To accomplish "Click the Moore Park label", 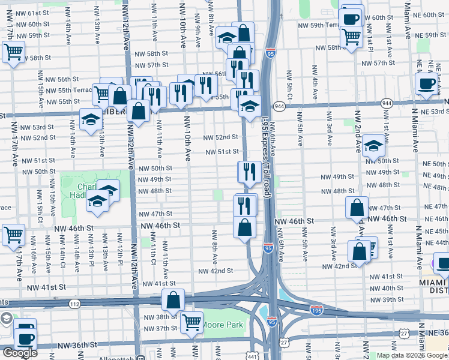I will pos(223,325).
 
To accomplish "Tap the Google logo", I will pos(19,353).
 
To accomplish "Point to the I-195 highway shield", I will pos(316,310).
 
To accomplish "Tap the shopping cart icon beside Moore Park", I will pos(192,322).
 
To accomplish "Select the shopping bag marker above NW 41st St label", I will pos(173,299).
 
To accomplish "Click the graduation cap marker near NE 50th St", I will pos(373,146).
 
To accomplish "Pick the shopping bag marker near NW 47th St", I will pos(357,208).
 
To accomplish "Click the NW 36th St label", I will pos(77,345).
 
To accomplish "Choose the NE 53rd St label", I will pos(430,112).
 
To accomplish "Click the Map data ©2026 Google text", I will pos(412,355).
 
